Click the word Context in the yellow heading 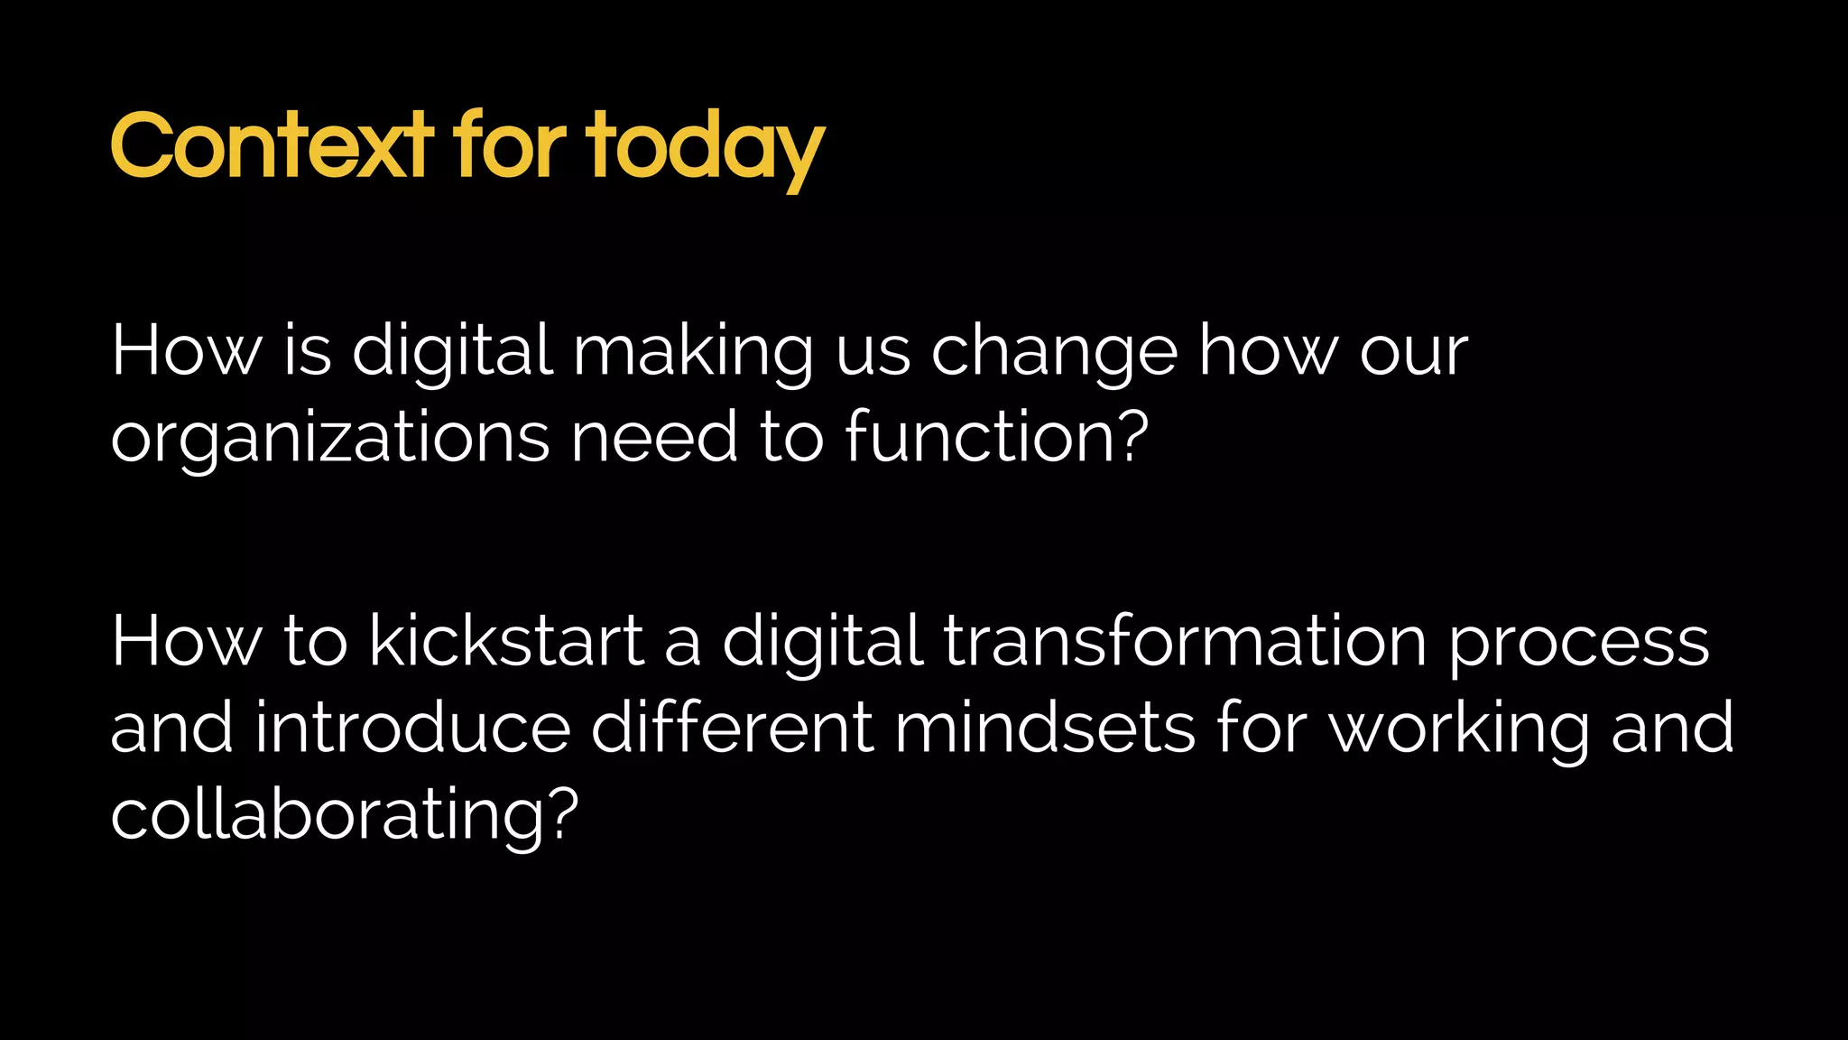pos(271,145)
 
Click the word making pos(693,353)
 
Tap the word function pos(979,437)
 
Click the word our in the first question pos(1414,353)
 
